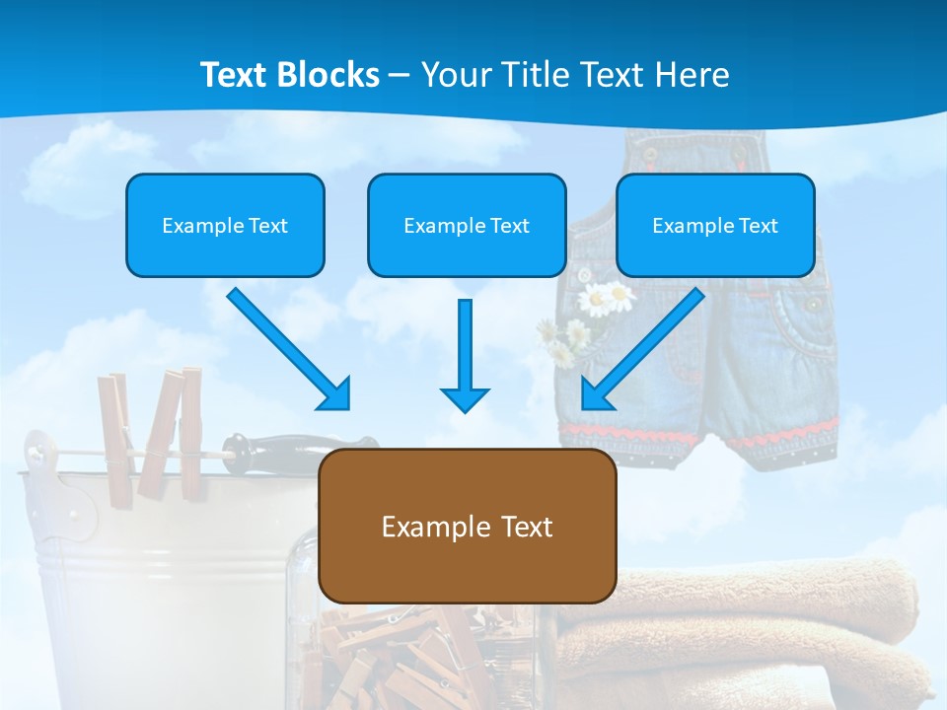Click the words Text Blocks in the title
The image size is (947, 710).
point(289,75)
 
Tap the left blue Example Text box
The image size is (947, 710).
point(225,226)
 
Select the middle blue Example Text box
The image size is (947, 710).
point(467,226)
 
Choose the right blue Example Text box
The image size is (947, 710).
point(715,226)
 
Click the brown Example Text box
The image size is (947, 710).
point(467,527)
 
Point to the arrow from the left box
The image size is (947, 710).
point(286,347)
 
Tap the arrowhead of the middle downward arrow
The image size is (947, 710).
point(465,398)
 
